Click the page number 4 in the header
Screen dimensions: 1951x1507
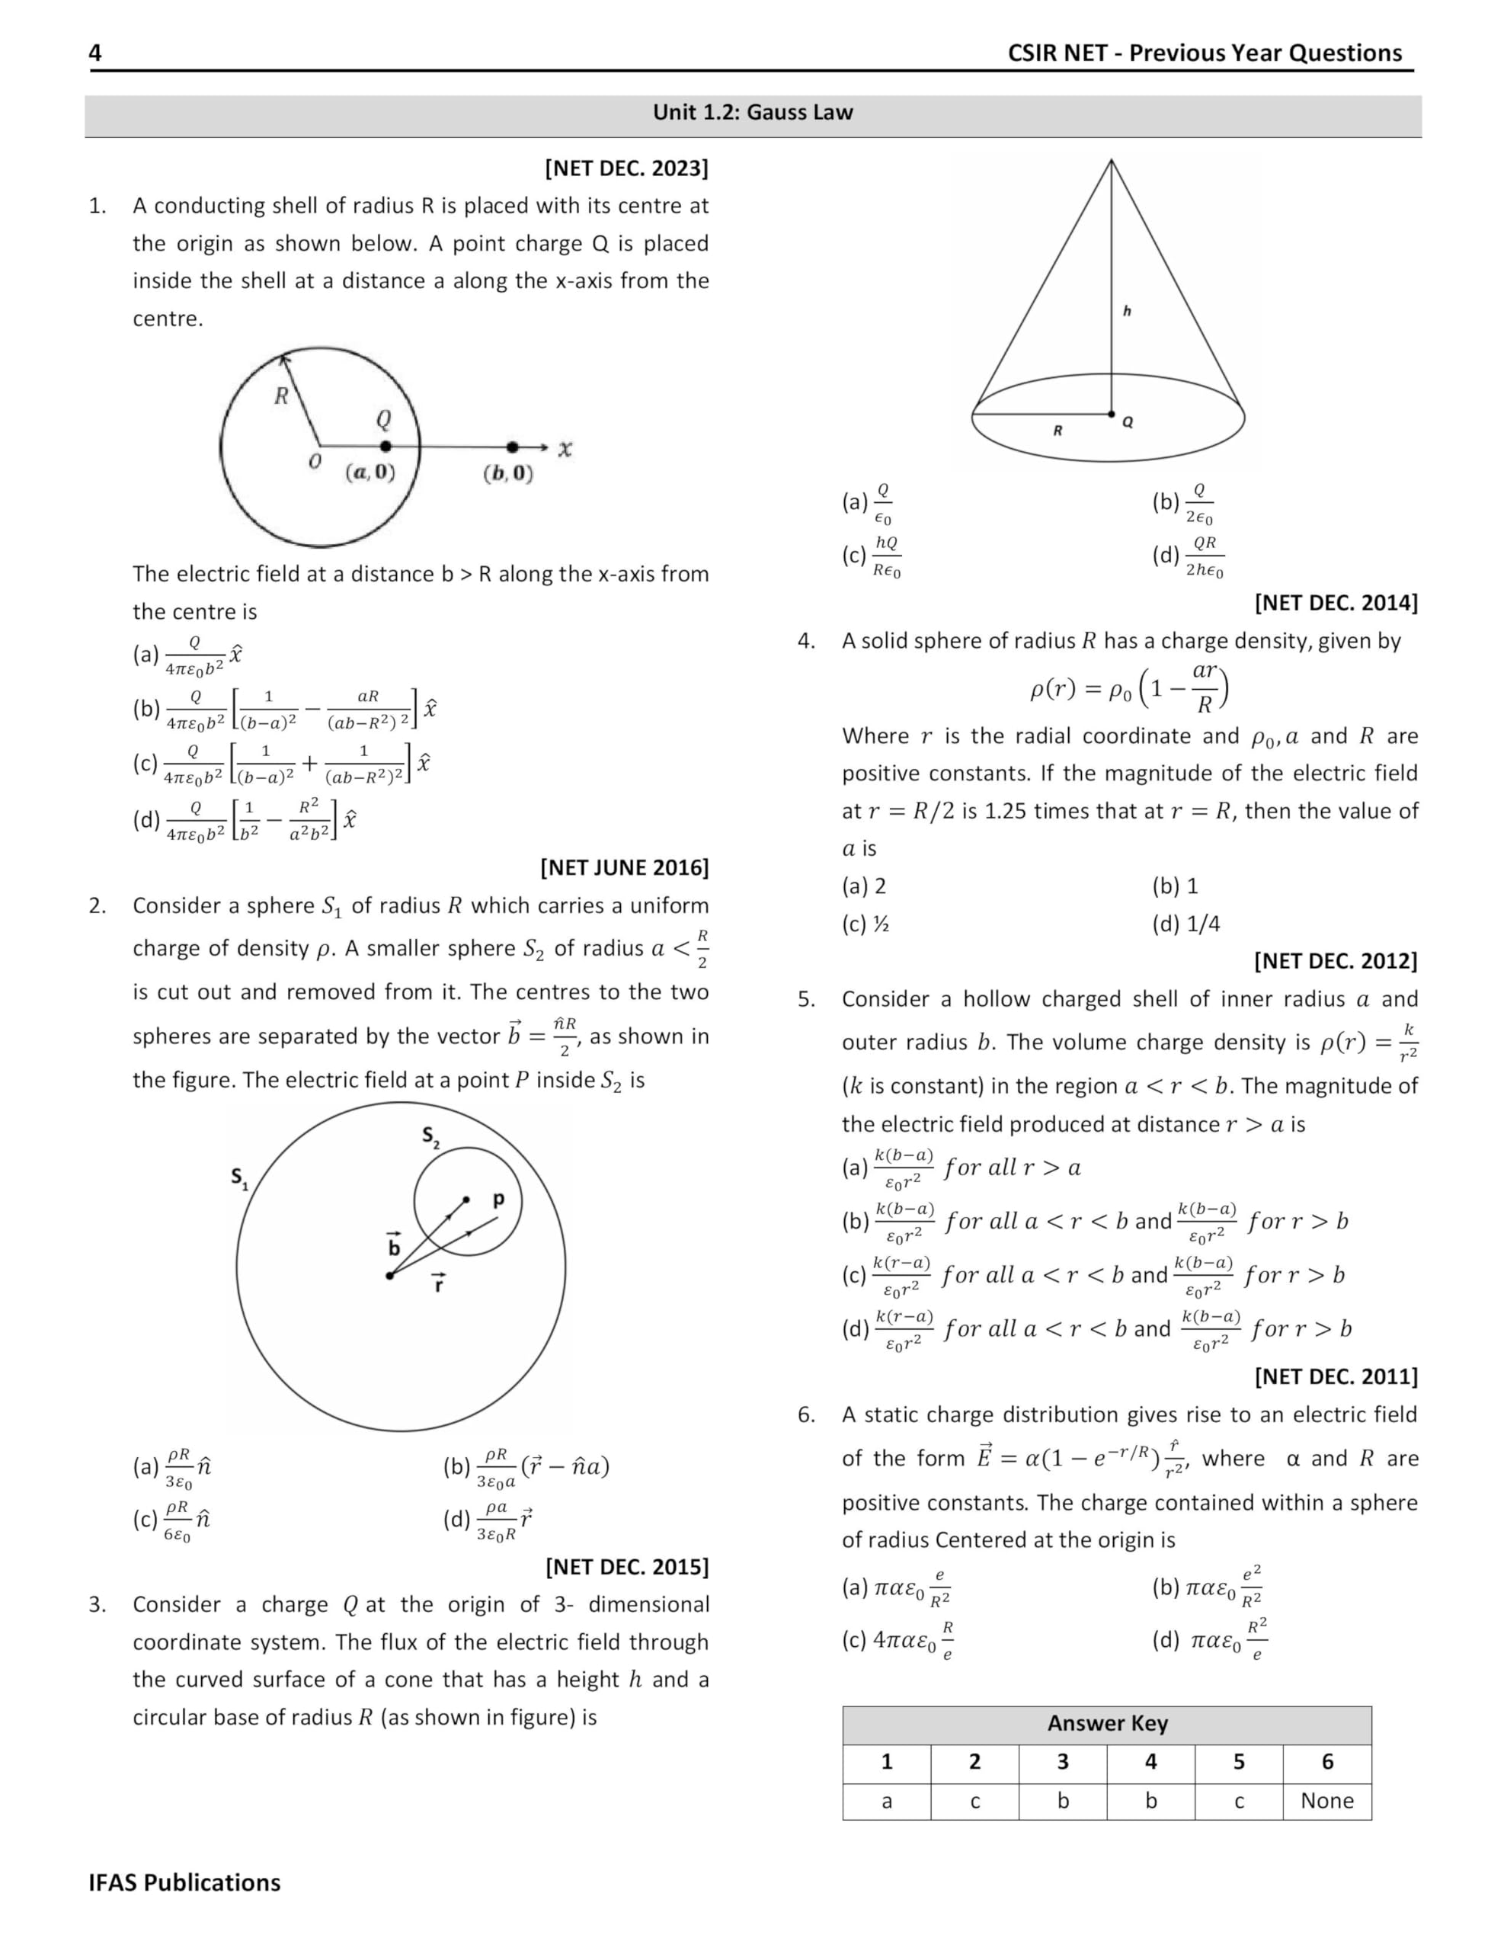pos(94,53)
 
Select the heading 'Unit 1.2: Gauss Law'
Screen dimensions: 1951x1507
pos(752,113)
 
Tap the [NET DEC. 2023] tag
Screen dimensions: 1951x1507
pos(626,168)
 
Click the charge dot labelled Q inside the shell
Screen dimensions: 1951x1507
pos(385,446)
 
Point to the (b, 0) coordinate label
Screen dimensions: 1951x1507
pos(507,473)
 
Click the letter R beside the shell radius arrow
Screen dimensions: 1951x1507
pos(281,396)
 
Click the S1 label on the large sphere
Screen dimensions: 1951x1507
pos(239,1177)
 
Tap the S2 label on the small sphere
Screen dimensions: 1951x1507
pos(430,1137)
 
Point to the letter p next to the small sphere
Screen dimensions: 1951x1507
pos(498,1199)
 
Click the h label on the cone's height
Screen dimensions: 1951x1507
pos(1127,311)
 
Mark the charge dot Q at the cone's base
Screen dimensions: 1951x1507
pos(1112,415)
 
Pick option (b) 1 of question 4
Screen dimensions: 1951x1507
pos(1175,886)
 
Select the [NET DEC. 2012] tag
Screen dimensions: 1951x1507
pos(1335,961)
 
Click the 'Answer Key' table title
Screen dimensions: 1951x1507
pos(1107,1723)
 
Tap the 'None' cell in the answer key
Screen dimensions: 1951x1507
pos(1326,1801)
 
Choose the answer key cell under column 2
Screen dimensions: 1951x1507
pos(974,1801)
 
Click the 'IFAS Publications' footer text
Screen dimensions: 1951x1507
pos(184,1882)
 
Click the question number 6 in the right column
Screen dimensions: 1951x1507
pos(806,1415)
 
